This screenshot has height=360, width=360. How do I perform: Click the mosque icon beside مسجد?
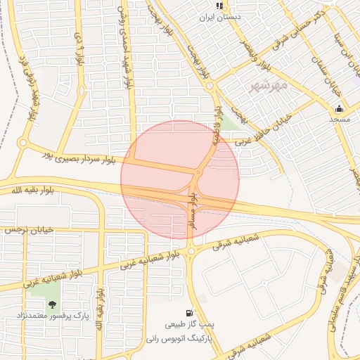pyautogui.click(x=340, y=108)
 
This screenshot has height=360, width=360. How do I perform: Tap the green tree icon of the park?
pyautogui.click(x=52, y=304)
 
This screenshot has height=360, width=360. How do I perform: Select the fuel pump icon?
pyautogui.click(x=188, y=313)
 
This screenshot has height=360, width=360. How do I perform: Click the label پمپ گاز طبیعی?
pyautogui.click(x=189, y=326)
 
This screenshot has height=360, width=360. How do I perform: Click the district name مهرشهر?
pyautogui.click(x=269, y=86)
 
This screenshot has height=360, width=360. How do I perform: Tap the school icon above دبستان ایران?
pyautogui.click(x=219, y=5)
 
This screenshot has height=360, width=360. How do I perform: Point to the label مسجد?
pyautogui.click(x=340, y=120)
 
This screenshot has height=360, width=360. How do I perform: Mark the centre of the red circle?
pyautogui.click(x=180, y=180)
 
